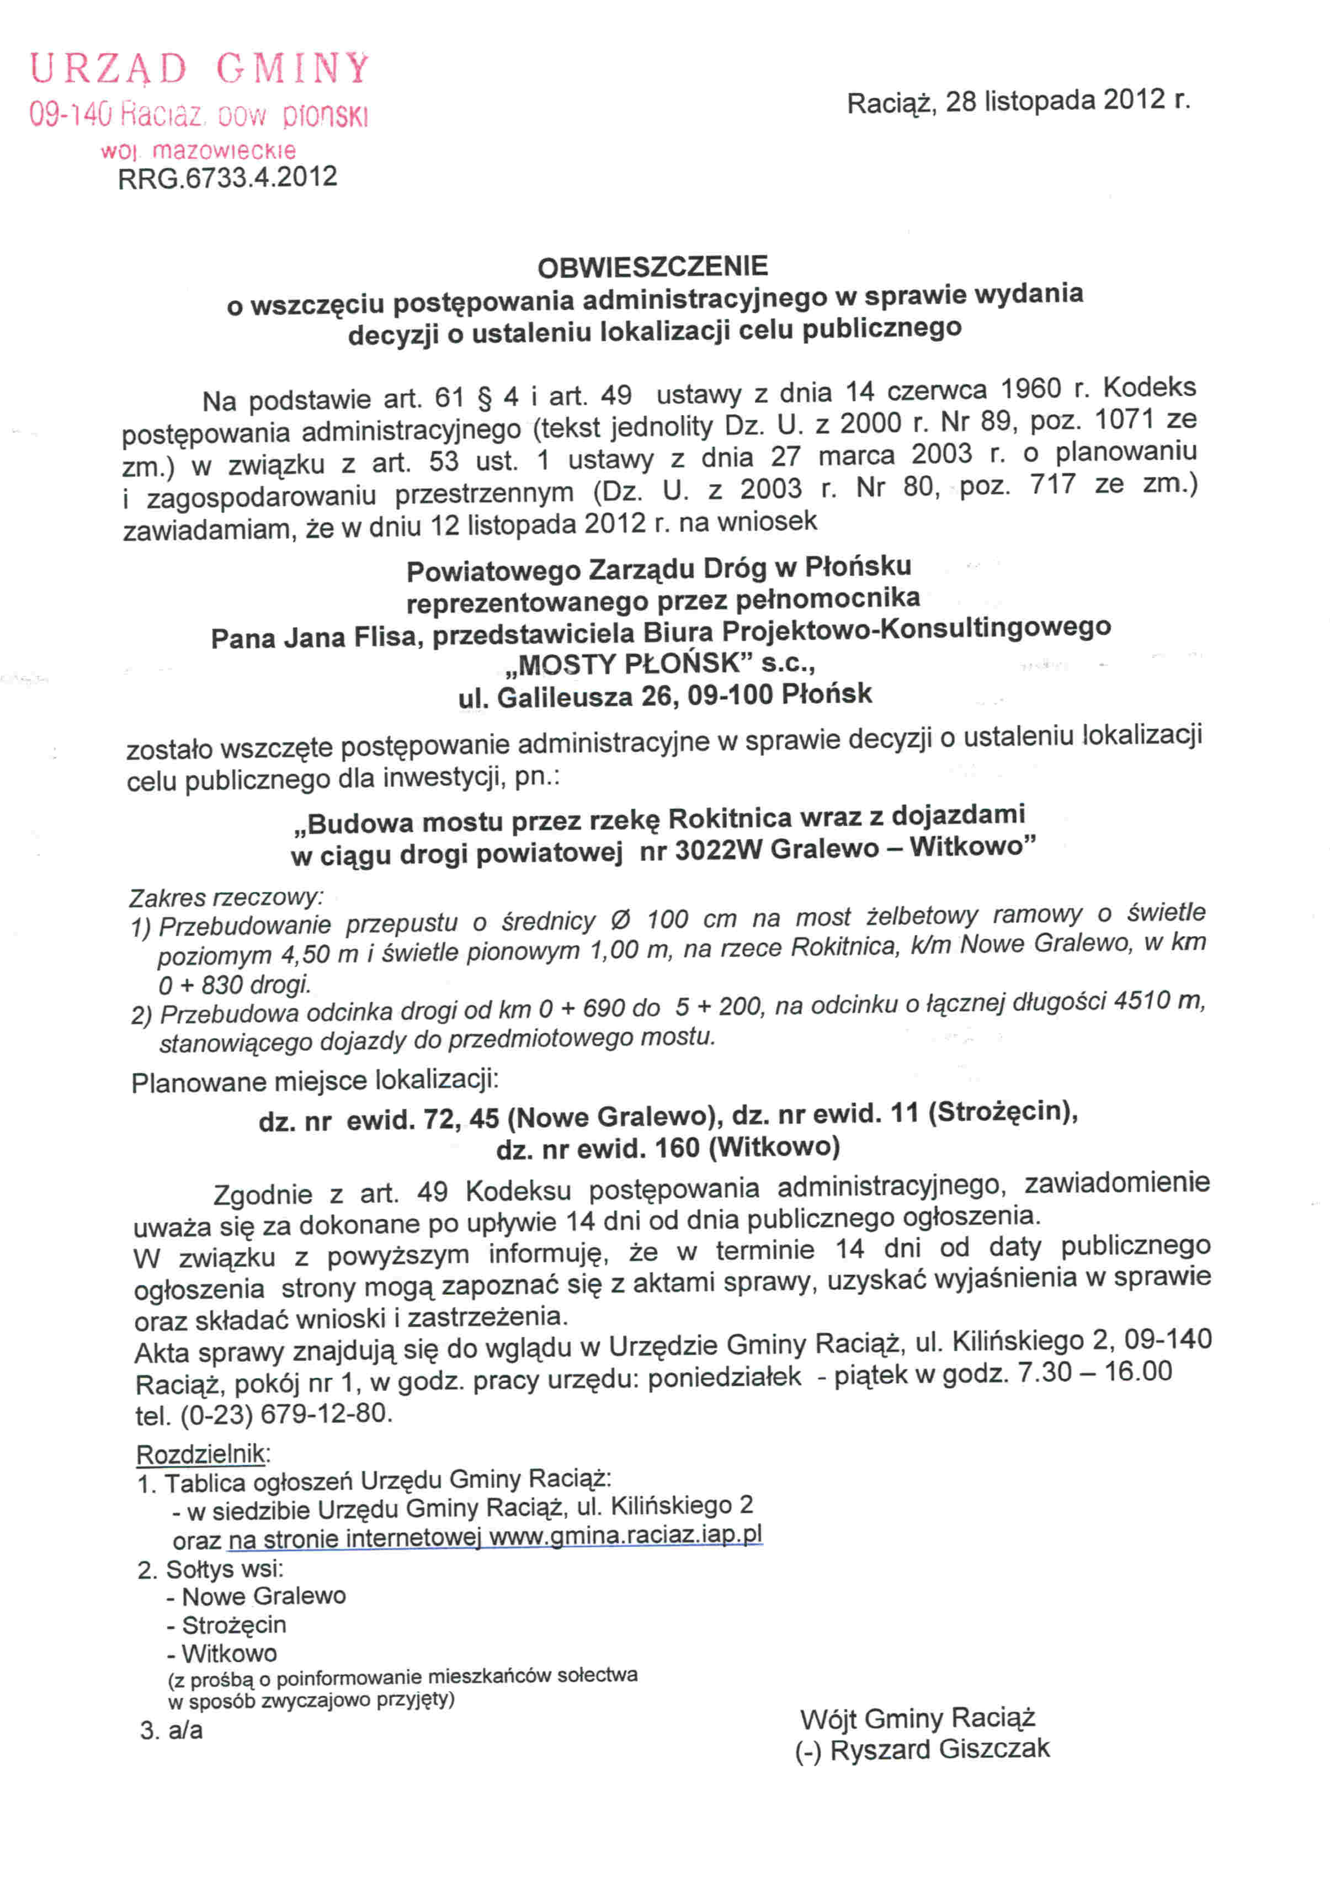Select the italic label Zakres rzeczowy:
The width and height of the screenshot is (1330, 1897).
click(x=226, y=897)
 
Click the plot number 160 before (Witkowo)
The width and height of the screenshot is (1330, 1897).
click(x=677, y=1147)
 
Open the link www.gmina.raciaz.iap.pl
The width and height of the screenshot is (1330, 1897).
click(x=625, y=1536)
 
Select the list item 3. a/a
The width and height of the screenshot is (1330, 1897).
click(x=171, y=1730)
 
